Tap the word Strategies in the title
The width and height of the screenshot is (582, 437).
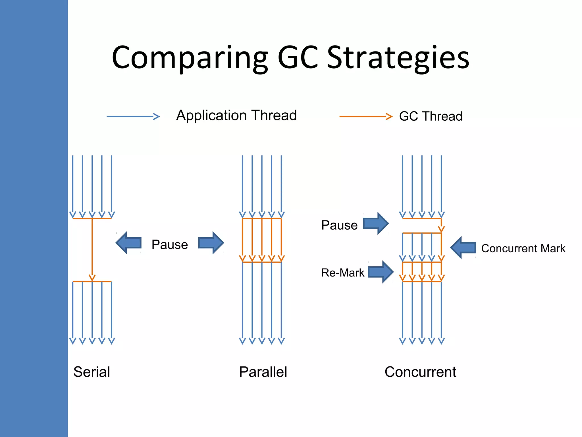point(398,58)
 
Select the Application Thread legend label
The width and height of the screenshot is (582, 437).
point(236,116)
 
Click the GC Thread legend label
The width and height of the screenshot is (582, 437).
point(431,116)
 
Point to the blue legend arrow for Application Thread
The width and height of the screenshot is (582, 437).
point(133,117)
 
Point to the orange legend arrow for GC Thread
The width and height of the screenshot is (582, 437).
point(366,117)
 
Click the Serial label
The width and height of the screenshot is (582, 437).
point(92,372)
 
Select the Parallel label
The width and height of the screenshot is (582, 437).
point(263,372)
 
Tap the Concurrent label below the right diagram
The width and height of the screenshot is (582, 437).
point(420,372)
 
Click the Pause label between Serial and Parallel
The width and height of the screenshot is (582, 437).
point(170,245)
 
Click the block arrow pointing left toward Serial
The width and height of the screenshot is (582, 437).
point(129,243)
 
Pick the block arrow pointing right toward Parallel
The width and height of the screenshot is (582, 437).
point(211,243)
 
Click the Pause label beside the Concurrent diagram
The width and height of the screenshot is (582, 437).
point(339,225)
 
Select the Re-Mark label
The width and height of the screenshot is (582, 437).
point(343,273)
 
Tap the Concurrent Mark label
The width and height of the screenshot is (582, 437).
point(523,249)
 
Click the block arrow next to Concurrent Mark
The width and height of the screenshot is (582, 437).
point(463,248)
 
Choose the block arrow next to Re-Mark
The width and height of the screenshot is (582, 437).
point(381,272)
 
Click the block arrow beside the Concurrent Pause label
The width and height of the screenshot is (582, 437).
point(376,223)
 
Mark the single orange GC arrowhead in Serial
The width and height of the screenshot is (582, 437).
point(92,277)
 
